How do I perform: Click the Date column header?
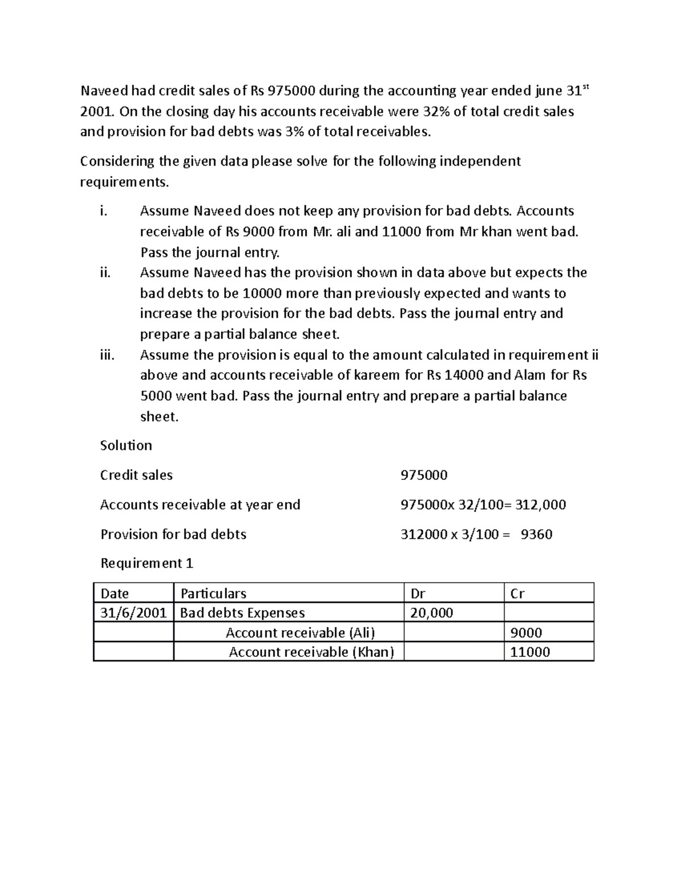click(x=115, y=593)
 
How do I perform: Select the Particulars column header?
click(x=213, y=593)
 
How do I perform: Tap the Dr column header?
click(x=418, y=593)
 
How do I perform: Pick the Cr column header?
click(x=517, y=593)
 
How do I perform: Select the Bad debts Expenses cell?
click(x=242, y=613)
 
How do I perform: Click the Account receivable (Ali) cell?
click(x=300, y=633)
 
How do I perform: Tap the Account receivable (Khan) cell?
click(x=311, y=652)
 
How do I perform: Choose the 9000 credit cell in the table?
click(x=526, y=633)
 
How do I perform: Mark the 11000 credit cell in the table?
click(x=530, y=652)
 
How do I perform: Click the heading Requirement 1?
click(x=147, y=563)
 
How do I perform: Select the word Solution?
click(x=126, y=445)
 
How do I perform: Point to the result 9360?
click(x=536, y=534)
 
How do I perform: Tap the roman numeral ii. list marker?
click(x=104, y=273)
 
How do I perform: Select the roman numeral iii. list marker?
click(x=106, y=355)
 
